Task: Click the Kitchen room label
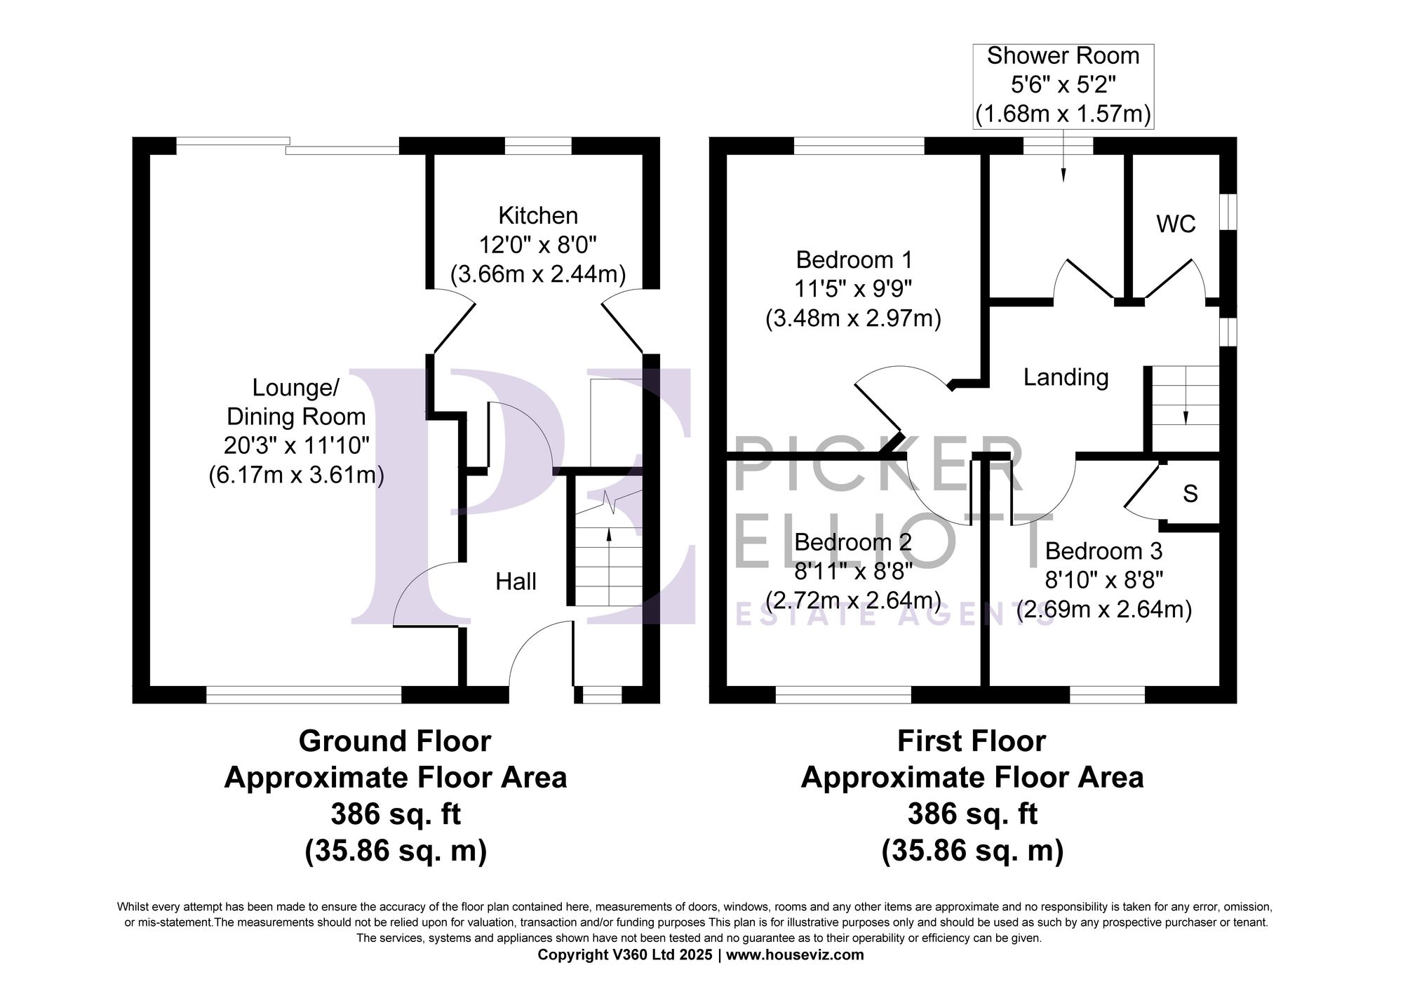[538, 215]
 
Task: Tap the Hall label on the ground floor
[516, 581]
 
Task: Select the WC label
[1176, 224]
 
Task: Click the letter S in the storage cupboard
[1190, 494]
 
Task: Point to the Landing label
[1066, 377]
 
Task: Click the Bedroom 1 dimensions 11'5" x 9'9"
[853, 289]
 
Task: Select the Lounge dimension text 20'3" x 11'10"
[296, 445]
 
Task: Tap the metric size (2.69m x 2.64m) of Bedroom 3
[1104, 609]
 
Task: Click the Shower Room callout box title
[1063, 56]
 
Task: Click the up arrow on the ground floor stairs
[608, 534]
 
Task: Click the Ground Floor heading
[395, 741]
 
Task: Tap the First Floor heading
[972, 741]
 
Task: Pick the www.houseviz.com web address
[795, 955]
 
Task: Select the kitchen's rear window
[538, 146]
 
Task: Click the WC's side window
[1228, 211]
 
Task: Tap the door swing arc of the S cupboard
[1140, 515]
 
